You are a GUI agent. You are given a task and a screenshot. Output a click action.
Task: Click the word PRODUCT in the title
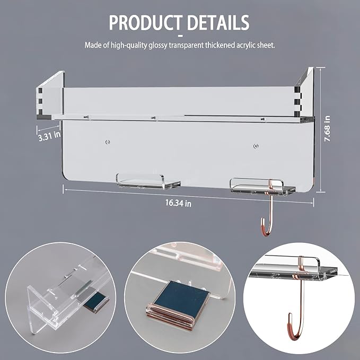pyautogui.click(x=146, y=22)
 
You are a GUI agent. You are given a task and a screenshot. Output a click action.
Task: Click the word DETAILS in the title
pyautogui.click(x=218, y=22)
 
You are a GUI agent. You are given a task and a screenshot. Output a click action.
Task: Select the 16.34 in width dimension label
pyautogui.click(x=178, y=203)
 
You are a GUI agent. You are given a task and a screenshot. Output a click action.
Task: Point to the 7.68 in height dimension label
pyautogui.click(x=327, y=128)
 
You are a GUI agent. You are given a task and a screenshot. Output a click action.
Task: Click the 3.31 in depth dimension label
pyautogui.click(x=49, y=136)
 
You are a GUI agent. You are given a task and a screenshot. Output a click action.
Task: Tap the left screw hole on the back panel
pyautogui.click(x=108, y=142)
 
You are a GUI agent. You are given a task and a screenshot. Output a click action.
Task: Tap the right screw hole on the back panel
pyautogui.click(x=256, y=146)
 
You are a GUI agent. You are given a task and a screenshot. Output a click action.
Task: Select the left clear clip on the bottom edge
pyautogui.click(x=148, y=182)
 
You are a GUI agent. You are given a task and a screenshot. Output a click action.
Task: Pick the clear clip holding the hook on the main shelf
pyautogui.click(x=262, y=187)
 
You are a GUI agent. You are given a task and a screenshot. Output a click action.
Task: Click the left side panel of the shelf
pyautogui.click(x=50, y=94)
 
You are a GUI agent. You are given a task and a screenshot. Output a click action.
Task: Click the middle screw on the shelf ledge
pyautogui.click(x=154, y=118)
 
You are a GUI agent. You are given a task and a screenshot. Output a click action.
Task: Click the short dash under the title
pyautogui.click(x=180, y=36)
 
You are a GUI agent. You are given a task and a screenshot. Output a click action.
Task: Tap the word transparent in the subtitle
pyautogui.click(x=186, y=45)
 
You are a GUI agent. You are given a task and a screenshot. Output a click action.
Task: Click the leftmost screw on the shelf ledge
pyautogui.click(x=86, y=117)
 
